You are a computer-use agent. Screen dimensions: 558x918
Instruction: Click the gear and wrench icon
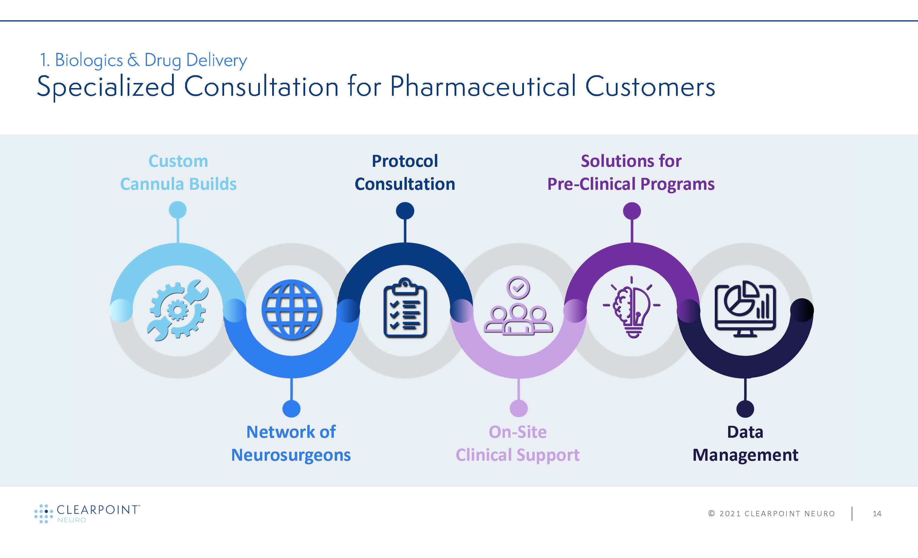pos(178,310)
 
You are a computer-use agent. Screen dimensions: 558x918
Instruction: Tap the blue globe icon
pos(292,310)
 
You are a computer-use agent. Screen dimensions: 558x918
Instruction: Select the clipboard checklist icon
pos(405,308)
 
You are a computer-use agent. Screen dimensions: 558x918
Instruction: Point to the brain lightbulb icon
pos(632,307)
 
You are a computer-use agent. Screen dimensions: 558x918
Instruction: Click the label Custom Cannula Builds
pos(178,173)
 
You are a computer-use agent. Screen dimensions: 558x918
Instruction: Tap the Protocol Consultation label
pos(405,173)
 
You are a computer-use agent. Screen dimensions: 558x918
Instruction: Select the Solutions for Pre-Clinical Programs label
pos(631,173)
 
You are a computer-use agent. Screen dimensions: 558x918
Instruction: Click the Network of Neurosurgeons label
pos(291,443)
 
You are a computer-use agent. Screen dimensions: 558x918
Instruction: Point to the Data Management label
pos(745,443)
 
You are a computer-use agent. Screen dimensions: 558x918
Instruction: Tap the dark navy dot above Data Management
pos(745,409)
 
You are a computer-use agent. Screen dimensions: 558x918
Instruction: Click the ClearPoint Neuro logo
pos(87,514)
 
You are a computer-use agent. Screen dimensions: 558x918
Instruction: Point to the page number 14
pos(877,514)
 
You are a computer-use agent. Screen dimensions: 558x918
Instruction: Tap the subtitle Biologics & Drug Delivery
pos(143,60)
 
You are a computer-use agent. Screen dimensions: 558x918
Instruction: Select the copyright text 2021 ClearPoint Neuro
pos(772,514)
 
